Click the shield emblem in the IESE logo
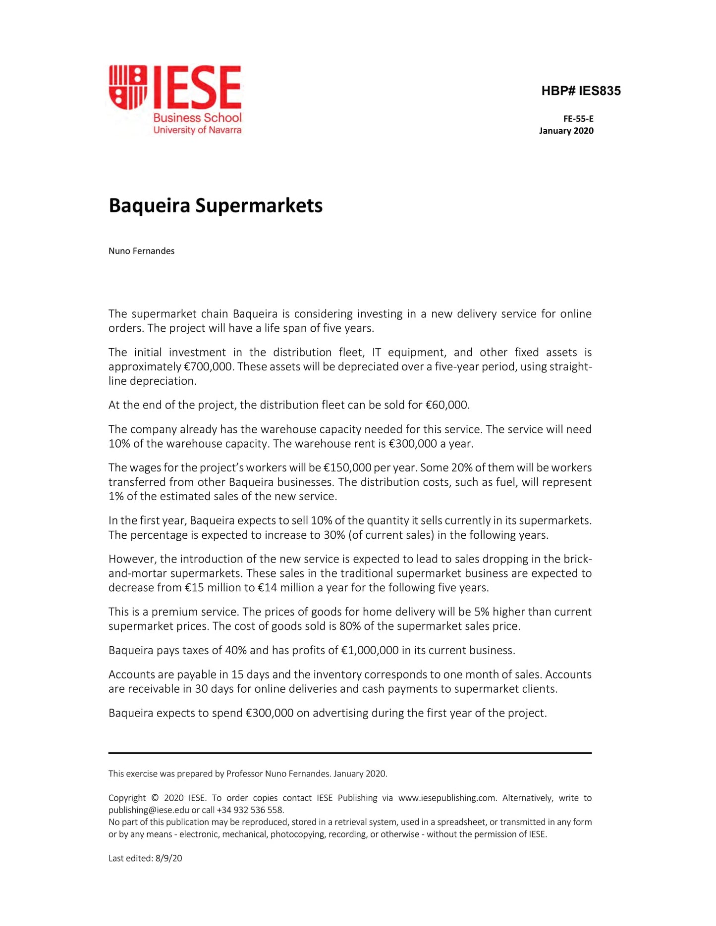pos(128,87)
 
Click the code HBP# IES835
pos(581,91)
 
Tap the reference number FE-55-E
pos(578,119)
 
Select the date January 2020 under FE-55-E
pos(566,131)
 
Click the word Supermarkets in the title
pos(259,206)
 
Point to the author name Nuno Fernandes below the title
pos(141,251)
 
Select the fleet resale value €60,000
pos(447,405)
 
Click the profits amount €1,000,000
pos(370,651)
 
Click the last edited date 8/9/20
pos(168,859)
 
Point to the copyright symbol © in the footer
pos(155,798)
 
